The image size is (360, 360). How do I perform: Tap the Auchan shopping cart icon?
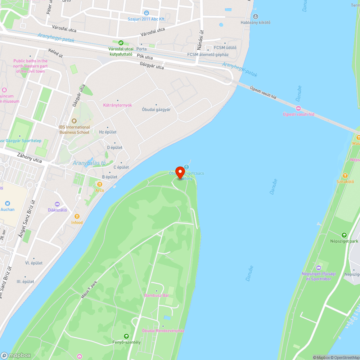8,203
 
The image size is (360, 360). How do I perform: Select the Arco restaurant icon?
100,184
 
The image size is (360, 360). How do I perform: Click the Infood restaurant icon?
77,216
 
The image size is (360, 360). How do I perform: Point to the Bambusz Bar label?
156,295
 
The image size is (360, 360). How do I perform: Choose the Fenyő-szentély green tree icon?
126,336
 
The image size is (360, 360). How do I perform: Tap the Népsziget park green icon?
344,235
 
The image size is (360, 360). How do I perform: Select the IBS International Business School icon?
74,121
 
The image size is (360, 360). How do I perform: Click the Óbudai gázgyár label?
156,109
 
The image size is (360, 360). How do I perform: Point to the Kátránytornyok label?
117,105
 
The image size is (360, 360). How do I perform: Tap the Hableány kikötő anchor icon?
256,16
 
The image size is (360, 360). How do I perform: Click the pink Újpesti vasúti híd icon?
298,108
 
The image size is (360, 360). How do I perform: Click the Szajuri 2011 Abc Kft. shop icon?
146,13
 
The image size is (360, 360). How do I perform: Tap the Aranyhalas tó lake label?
89,163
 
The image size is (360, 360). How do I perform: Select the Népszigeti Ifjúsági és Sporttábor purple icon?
319,267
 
